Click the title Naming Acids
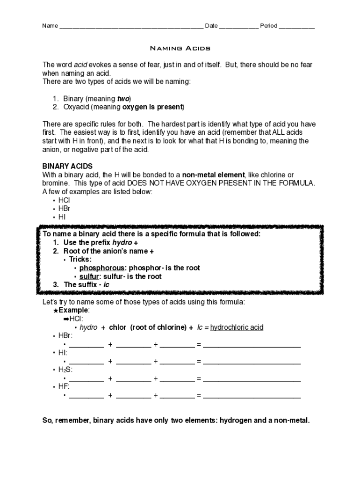[x=180, y=48]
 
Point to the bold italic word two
[x=123, y=99]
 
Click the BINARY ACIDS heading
[x=67, y=166]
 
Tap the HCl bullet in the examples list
[x=64, y=200]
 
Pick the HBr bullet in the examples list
[x=65, y=209]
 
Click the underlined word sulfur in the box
[x=90, y=276]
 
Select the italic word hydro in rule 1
[x=122, y=243]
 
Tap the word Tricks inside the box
[x=80, y=259]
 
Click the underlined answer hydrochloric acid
[x=237, y=327]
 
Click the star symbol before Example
[x=56, y=311]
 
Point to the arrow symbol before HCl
[x=66, y=319]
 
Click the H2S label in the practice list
[x=65, y=370]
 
